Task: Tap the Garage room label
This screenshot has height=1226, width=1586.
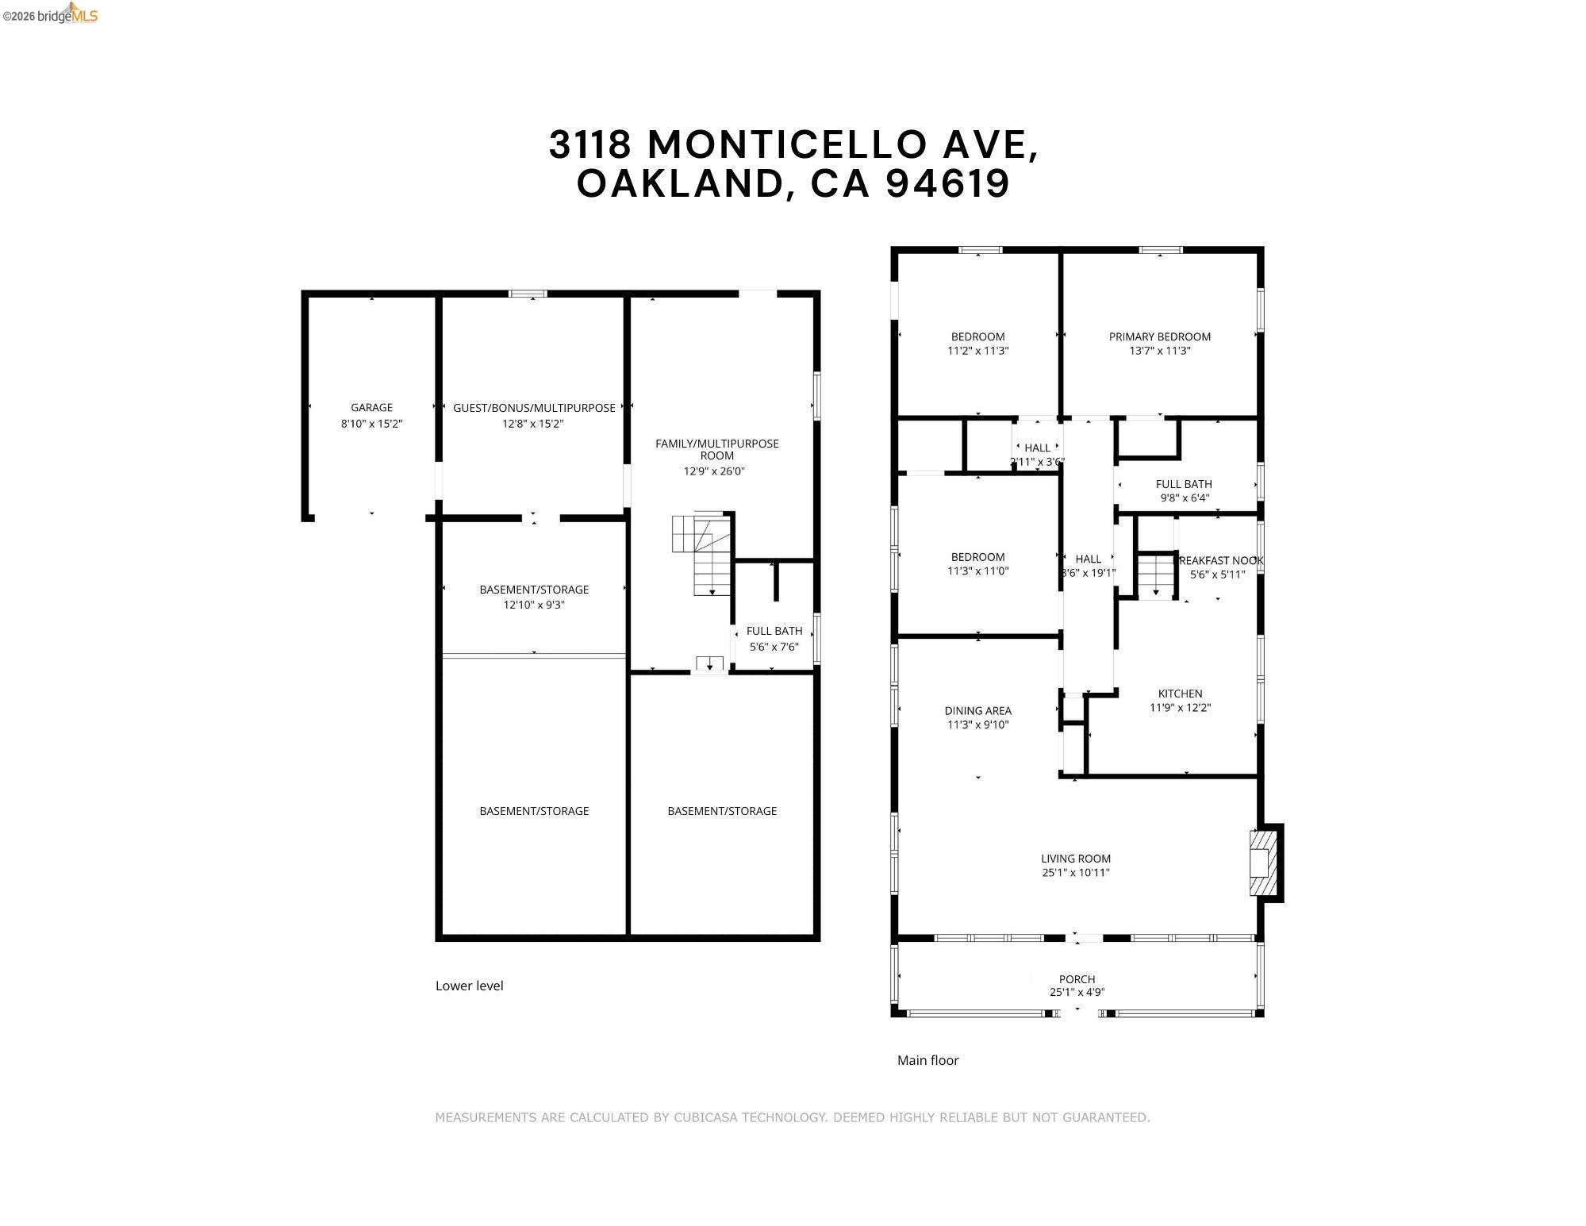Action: (x=371, y=408)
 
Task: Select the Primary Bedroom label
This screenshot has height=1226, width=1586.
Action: (x=1159, y=336)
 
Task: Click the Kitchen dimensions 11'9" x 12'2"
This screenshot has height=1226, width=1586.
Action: (x=1180, y=708)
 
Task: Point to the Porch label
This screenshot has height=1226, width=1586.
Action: (x=1077, y=978)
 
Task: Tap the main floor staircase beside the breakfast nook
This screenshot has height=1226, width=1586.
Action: (x=1156, y=575)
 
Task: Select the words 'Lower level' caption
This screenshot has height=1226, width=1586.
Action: (x=469, y=986)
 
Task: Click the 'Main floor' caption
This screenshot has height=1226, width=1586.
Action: (x=927, y=1060)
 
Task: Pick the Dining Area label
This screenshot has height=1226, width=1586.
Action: (x=977, y=711)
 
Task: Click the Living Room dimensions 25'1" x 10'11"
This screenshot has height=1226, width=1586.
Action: (x=1075, y=873)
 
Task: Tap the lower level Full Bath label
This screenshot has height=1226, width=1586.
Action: (x=774, y=631)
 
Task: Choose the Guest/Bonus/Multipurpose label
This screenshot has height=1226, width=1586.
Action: (x=534, y=408)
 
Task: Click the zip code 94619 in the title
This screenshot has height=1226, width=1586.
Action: (x=947, y=184)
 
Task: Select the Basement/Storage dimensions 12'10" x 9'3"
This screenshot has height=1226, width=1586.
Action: (x=534, y=605)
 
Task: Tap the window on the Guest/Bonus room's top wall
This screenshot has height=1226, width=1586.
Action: (x=528, y=294)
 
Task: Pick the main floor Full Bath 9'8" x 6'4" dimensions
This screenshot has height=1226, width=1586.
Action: (x=1184, y=498)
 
